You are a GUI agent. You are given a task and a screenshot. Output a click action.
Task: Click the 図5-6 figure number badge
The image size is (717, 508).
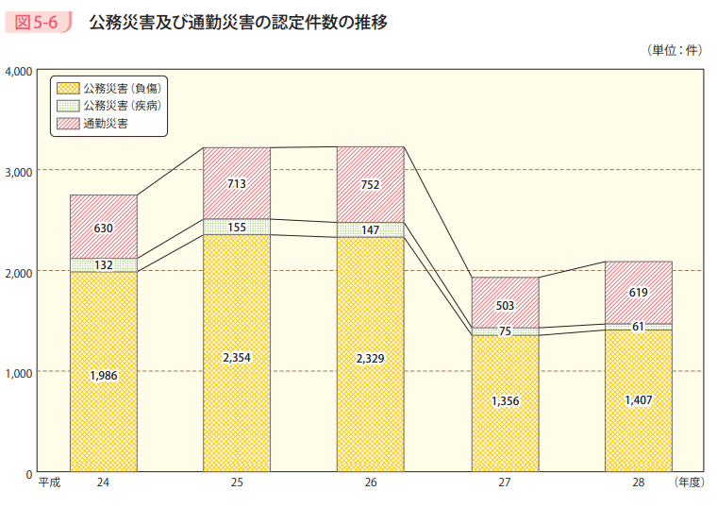coord(41,23)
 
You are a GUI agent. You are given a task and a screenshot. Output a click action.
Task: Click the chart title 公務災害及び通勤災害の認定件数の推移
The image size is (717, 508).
coord(238,23)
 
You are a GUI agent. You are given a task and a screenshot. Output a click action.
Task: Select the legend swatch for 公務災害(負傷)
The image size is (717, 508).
coord(68,88)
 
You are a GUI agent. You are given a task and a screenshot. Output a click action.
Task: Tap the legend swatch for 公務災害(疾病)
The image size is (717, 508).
coord(68,106)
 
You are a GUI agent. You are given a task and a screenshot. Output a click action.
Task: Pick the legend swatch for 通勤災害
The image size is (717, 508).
coord(68,124)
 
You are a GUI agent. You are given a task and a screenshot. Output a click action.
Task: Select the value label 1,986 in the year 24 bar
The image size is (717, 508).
coord(104,376)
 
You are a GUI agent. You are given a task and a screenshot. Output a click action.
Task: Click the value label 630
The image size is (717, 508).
coord(104,228)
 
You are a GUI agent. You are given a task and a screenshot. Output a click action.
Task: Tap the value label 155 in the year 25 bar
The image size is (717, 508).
coord(237,228)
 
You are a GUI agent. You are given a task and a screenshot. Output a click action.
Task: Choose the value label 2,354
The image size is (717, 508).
coord(237,358)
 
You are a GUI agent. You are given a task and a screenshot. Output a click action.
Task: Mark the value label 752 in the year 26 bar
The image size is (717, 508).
coord(371,185)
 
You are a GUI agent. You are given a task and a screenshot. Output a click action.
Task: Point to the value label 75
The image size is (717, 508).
coord(505,331)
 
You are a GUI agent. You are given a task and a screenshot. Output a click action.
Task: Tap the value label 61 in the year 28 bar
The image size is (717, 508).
coord(639,327)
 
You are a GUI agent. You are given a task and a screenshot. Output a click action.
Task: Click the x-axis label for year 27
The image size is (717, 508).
coord(505,483)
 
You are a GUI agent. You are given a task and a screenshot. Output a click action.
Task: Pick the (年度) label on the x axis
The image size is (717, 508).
coord(689,483)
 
